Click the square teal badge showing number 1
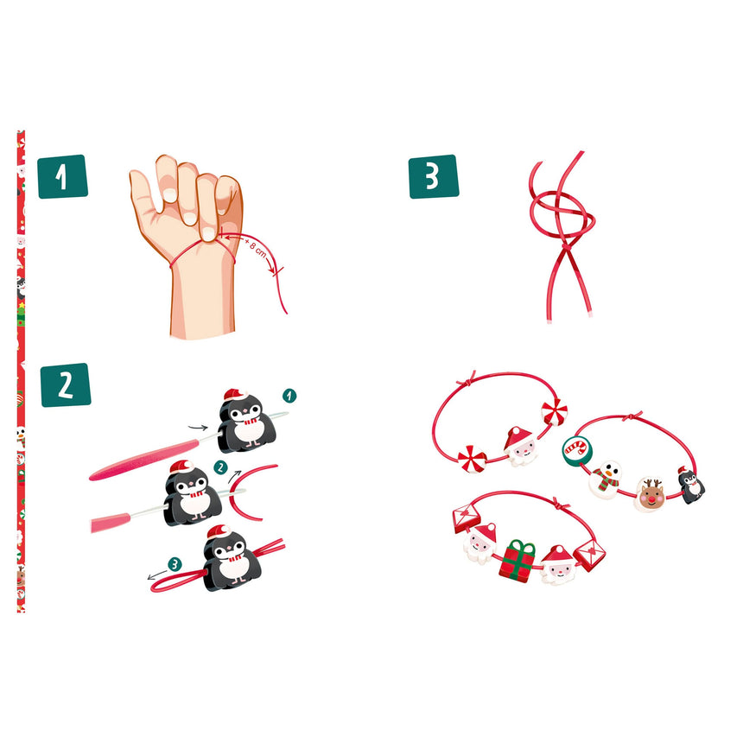(62, 176)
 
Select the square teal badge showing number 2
(66, 384)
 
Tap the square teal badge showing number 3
(434, 176)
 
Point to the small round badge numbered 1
(289, 396)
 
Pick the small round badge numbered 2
(220, 467)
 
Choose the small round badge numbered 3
(175, 564)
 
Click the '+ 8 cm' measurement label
(256, 248)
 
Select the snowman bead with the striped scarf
(605, 479)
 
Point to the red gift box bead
(517, 561)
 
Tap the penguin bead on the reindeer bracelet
(691, 485)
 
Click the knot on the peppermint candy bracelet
(467, 380)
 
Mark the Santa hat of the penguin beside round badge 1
(236, 395)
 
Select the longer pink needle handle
(144, 460)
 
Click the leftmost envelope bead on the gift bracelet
(467, 518)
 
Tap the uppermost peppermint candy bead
(554, 412)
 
